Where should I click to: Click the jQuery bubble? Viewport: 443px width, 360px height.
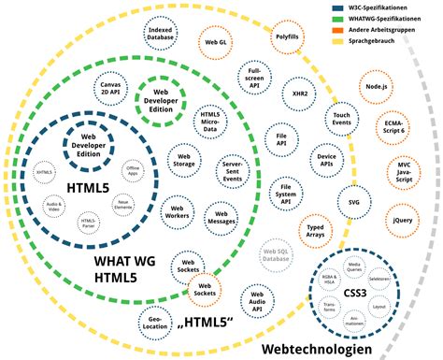pyautogui.click(x=403, y=220)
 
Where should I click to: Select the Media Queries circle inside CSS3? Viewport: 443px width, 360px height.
pyautogui.click(x=354, y=267)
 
